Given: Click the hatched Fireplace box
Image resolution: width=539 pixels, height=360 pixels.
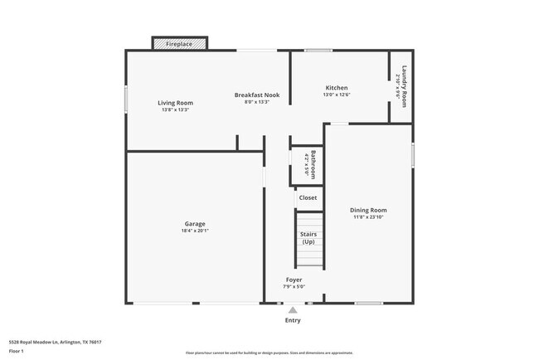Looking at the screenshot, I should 179,43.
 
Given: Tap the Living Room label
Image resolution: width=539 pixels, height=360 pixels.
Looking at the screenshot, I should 175,103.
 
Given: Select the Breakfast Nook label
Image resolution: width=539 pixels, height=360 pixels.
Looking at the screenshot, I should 256,95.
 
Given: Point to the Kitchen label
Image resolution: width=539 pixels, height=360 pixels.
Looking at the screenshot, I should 336,88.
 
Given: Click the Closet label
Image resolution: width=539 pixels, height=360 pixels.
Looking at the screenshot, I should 308,197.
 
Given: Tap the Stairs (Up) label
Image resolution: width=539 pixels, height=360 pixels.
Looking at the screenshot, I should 308,238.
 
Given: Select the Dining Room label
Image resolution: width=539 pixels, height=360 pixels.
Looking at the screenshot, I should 367,210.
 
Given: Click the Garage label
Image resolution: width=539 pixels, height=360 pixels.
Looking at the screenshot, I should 195,224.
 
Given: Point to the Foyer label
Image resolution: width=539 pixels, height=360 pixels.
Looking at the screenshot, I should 294,280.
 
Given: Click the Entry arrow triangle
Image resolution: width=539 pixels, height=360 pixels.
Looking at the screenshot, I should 293,310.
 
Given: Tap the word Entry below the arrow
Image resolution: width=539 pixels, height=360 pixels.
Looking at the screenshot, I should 293,320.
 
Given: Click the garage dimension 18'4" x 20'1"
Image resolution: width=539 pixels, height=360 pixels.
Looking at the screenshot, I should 195,231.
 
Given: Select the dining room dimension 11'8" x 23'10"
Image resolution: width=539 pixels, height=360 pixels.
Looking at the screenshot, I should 367,216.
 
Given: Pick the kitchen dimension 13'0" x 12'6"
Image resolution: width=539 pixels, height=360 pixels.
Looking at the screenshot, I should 336,95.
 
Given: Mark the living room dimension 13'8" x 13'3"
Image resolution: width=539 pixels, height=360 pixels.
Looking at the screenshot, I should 175,109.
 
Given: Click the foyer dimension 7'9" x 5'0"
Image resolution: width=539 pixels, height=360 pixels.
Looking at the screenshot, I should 294,286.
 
